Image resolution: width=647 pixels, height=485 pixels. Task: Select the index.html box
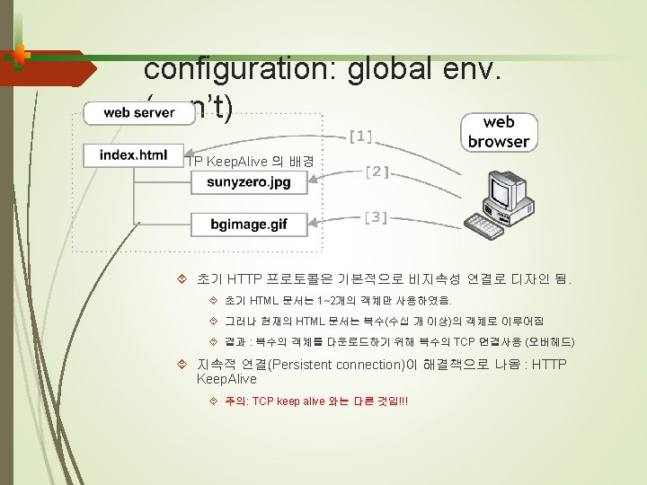(133, 154)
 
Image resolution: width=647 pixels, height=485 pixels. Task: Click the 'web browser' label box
(499, 131)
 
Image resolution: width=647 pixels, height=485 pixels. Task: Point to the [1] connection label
(360, 137)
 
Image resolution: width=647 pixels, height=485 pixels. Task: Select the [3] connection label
(377, 216)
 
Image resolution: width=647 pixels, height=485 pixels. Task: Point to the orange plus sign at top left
(21, 55)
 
